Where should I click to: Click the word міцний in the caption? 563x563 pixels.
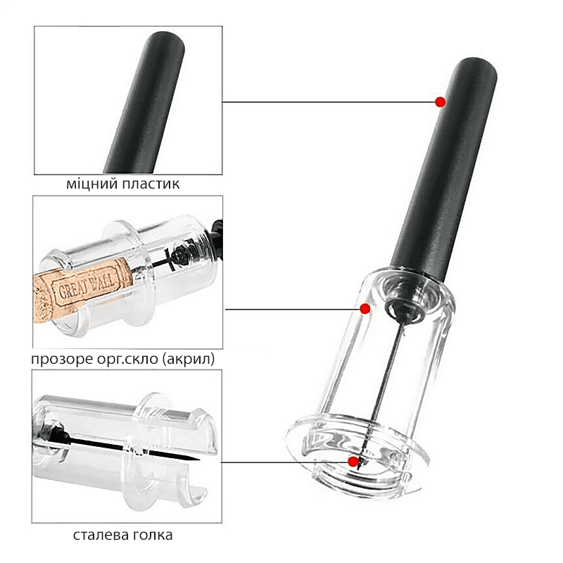92,184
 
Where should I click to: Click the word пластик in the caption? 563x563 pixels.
151,184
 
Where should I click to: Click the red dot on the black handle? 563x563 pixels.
441,102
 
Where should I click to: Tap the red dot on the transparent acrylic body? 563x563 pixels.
365,308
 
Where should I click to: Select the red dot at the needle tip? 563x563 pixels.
353,462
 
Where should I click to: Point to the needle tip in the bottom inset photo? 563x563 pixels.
198,460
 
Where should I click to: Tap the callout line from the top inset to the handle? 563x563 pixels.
329,102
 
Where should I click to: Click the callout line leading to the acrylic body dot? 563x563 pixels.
293,309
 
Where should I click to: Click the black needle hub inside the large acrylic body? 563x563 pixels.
403,309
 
